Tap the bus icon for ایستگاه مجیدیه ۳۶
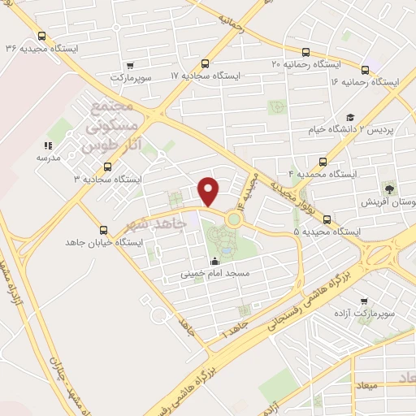[41, 36]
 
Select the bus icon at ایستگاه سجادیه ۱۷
[206, 63]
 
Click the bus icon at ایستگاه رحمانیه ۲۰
[305, 50]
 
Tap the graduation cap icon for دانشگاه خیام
[350, 117]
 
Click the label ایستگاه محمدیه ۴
[325, 174]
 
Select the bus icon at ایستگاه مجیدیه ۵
[327, 219]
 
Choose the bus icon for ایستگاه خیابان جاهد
[102, 230]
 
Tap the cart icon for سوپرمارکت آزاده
[363, 301]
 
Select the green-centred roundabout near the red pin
[234, 218]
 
